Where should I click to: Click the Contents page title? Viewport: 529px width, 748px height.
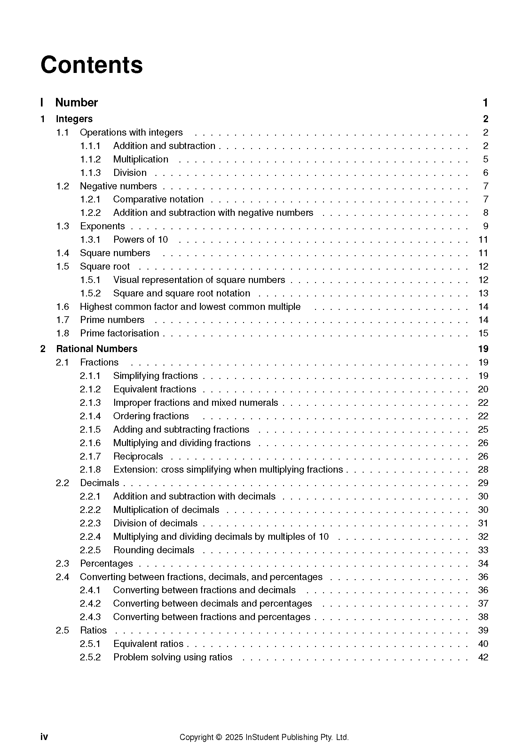click(x=91, y=65)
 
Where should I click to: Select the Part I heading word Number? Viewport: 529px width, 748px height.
click(x=76, y=103)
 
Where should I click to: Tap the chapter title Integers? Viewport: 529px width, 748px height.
click(x=74, y=119)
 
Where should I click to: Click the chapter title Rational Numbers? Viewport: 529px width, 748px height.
click(x=97, y=349)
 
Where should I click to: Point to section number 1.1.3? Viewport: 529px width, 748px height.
click(x=90, y=173)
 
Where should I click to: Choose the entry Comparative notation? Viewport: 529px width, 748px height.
click(x=158, y=199)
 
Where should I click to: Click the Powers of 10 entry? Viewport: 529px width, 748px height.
click(x=140, y=240)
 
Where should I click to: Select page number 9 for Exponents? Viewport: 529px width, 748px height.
click(x=486, y=226)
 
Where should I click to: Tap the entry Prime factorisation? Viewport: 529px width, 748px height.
click(x=120, y=333)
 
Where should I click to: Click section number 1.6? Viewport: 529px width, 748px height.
click(x=63, y=307)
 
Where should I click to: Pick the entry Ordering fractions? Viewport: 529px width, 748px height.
click(x=151, y=416)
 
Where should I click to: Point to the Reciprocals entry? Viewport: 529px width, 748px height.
click(x=138, y=456)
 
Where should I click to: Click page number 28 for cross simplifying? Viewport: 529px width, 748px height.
click(x=483, y=470)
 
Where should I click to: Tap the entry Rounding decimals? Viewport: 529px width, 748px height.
click(x=154, y=550)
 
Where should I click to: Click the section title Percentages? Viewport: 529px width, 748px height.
click(x=107, y=563)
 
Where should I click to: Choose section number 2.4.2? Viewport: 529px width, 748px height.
click(x=90, y=604)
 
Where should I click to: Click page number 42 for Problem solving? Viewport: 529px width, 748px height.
click(x=483, y=657)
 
